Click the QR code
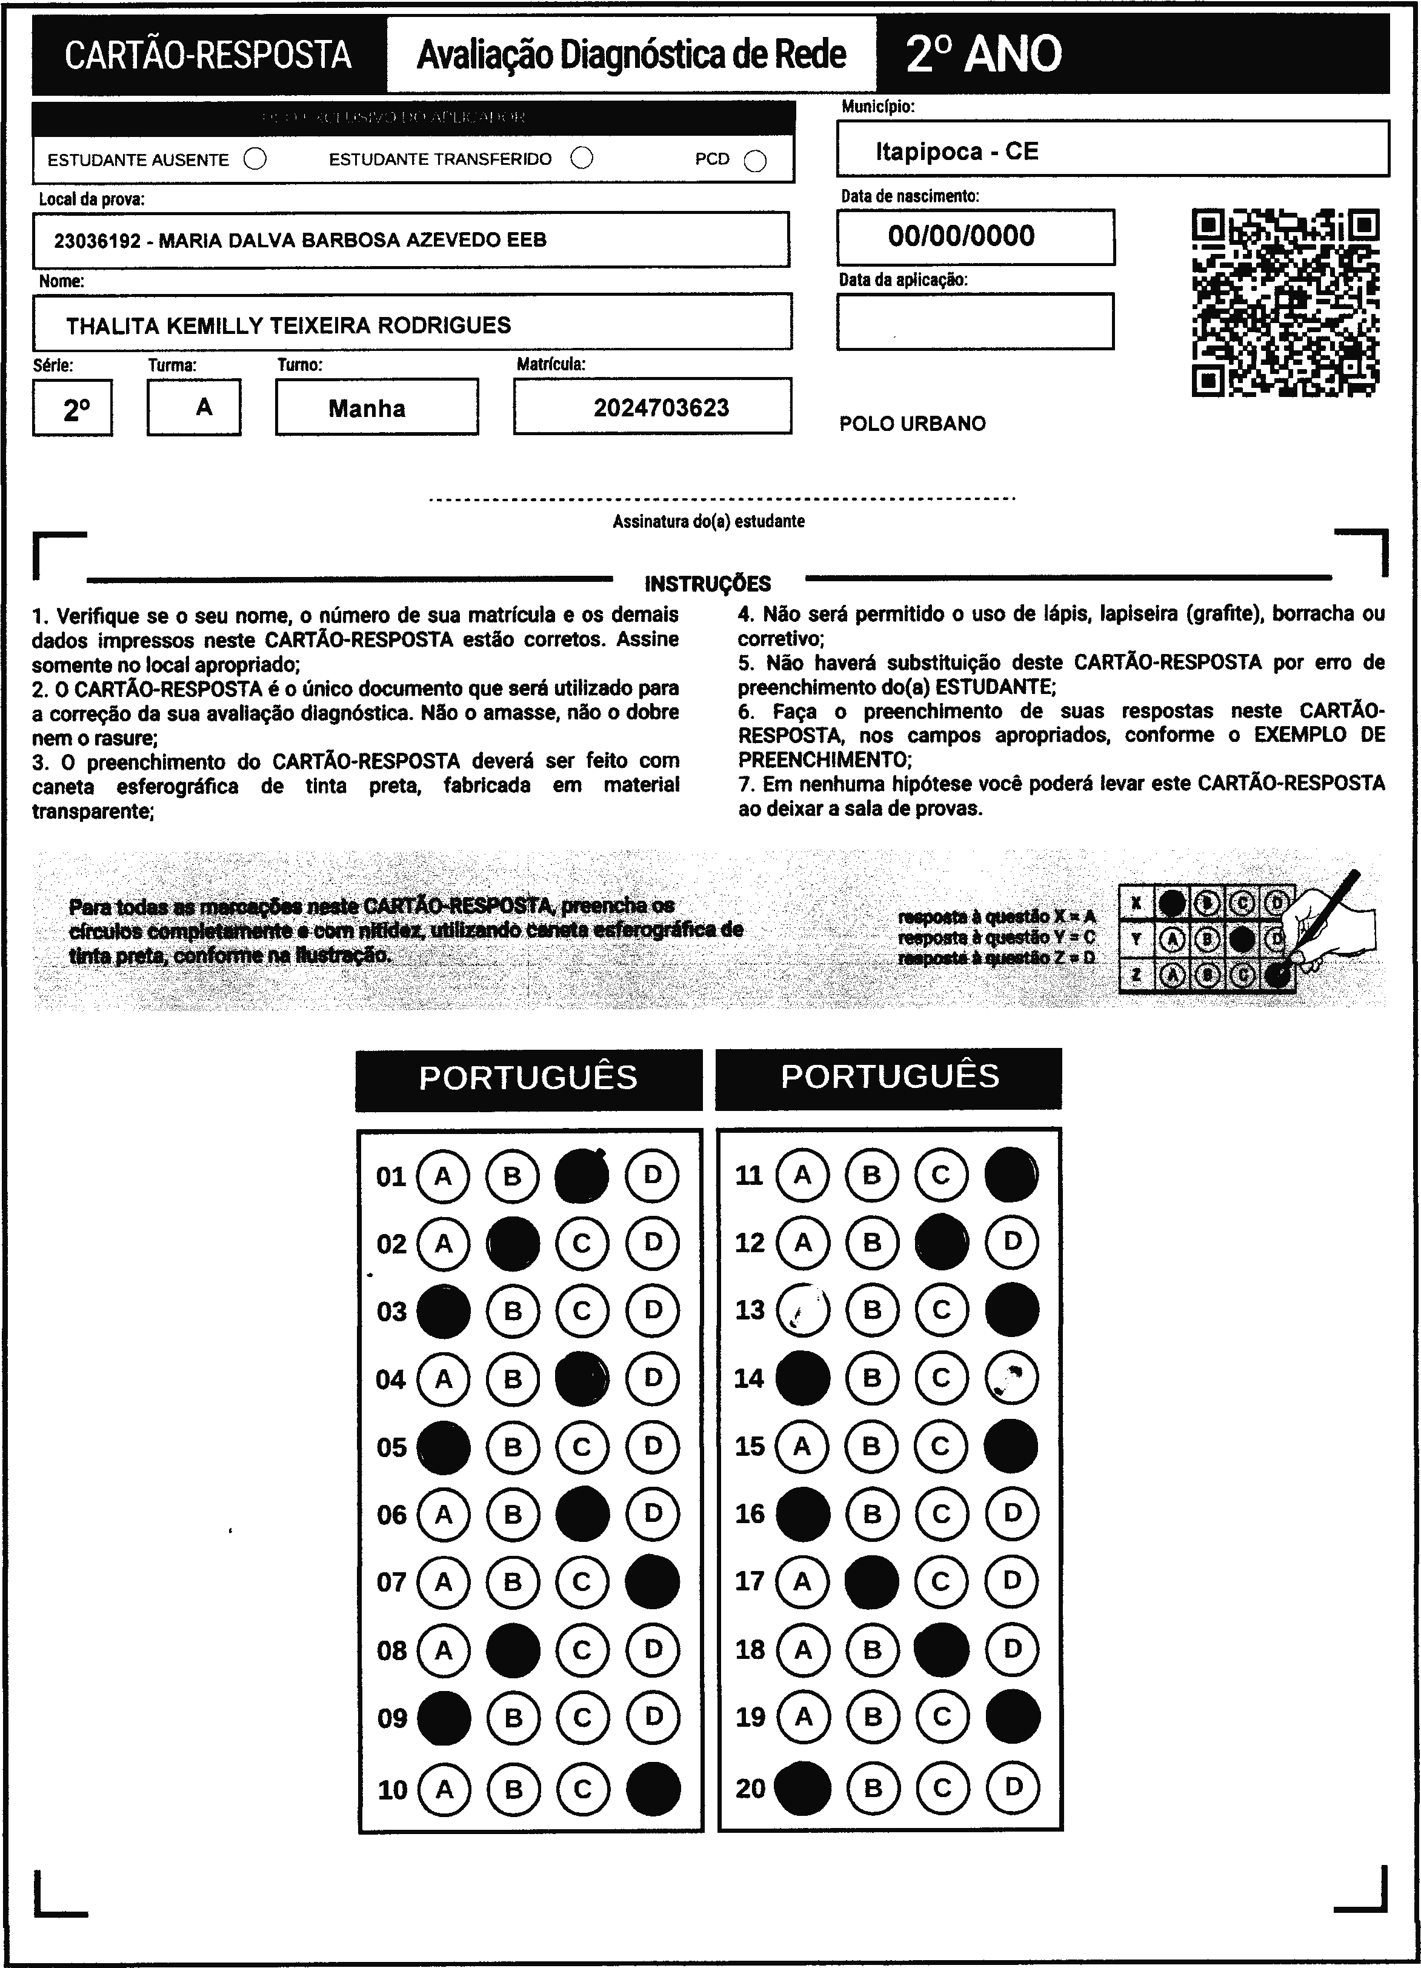1286,302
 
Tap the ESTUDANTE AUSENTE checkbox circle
255,159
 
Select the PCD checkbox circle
756,161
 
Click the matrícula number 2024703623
661,408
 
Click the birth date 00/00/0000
961,236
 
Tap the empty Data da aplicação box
974,321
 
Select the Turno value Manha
367,409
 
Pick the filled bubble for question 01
581,1176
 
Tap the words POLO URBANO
912,424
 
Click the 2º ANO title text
983,55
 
